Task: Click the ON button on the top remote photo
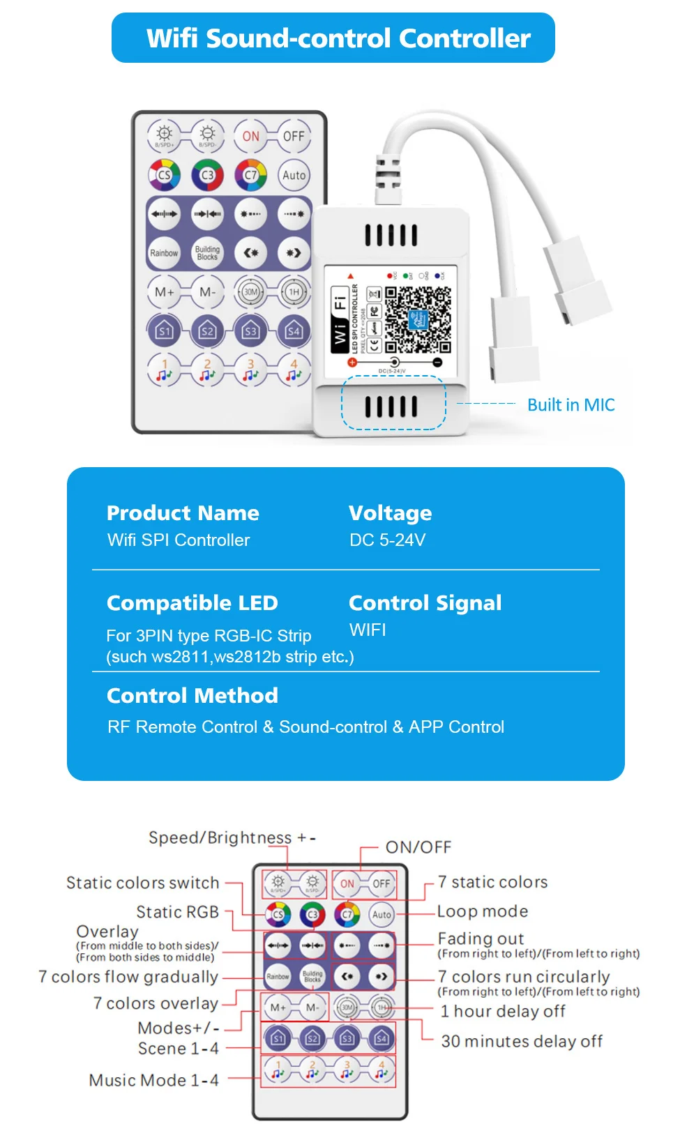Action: (250, 136)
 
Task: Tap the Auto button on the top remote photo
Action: (294, 176)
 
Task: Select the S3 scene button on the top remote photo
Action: (250, 331)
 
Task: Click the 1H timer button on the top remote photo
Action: (294, 292)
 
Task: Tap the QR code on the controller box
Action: (418, 319)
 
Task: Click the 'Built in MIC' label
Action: (571, 405)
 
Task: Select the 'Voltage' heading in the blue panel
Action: (390, 513)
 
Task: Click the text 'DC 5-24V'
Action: (387, 540)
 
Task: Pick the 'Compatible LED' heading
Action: (192, 603)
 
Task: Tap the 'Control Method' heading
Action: (192, 696)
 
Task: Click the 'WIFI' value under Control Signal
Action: (368, 630)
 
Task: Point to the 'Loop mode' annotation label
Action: (483, 911)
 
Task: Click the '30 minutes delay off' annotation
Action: (522, 1042)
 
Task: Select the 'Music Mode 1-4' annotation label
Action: (153, 1081)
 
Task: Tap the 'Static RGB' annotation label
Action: (177, 912)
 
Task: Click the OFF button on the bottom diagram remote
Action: (381, 884)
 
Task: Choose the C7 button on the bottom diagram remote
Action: (347, 914)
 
